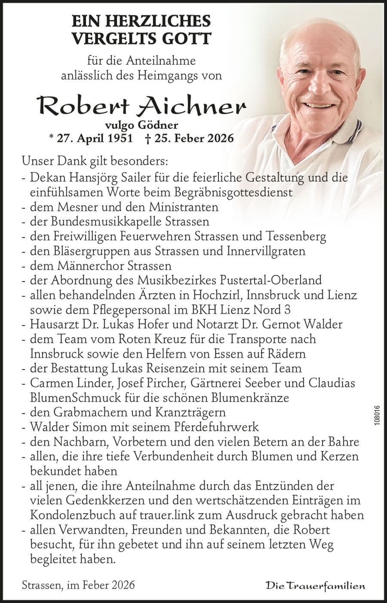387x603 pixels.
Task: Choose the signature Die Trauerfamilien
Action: [x=316, y=585]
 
